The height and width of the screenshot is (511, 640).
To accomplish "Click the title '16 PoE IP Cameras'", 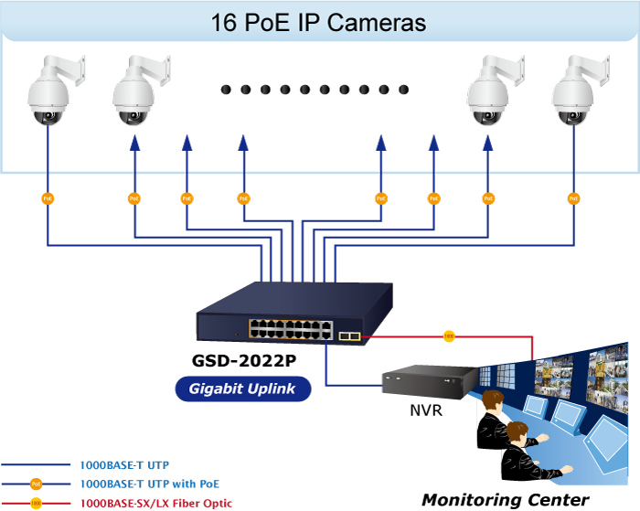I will tap(318, 23).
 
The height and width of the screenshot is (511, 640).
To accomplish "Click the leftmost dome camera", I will tap(48, 94).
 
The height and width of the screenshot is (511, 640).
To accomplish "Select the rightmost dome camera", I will tap(573, 94).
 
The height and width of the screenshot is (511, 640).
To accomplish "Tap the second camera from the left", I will tap(133, 94).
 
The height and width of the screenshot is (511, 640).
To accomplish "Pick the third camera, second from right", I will tap(488, 94).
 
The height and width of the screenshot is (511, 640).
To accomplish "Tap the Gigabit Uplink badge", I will tap(242, 389).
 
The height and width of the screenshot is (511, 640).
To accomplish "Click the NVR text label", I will tap(426, 410).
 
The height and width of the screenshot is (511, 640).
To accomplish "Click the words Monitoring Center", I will tap(505, 499).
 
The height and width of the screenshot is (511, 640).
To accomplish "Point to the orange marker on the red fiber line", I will tap(448, 336).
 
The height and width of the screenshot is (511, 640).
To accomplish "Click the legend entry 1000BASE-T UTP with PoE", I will tap(150, 484).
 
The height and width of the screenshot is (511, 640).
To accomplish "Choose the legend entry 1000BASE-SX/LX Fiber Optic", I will tap(156, 503).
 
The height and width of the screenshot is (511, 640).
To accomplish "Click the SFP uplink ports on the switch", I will tap(348, 336).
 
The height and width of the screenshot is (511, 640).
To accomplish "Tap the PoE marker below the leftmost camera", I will tap(48, 197).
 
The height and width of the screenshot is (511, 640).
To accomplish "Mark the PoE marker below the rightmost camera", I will tap(573, 197).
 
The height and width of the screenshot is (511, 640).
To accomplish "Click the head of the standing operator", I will tap(493, 400).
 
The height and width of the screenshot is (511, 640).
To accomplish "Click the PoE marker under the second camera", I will tap(133, 197).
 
